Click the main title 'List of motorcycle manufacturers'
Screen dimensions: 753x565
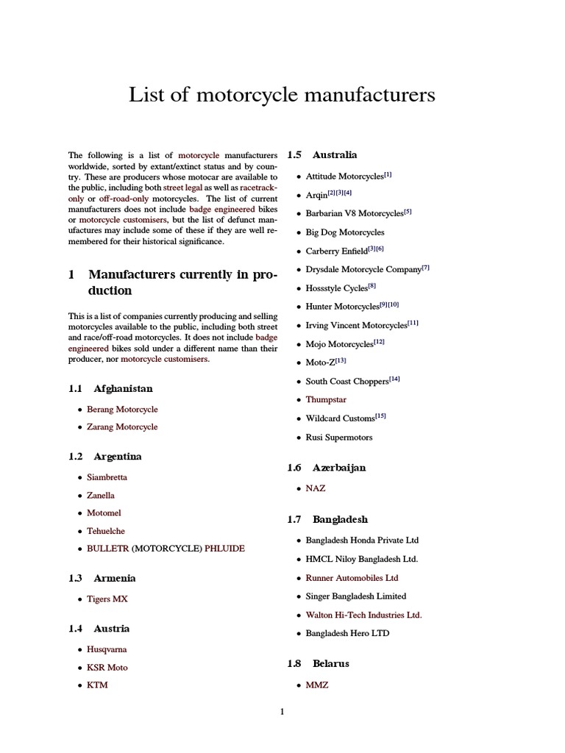click(x=282, y=95)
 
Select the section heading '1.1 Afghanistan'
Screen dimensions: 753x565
click(x=110, y=388)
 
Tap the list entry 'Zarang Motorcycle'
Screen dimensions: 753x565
click(x=122, y=427)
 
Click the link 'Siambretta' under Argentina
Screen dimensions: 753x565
click(x=107, y=477)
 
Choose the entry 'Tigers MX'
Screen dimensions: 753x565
click(x=107, y=599)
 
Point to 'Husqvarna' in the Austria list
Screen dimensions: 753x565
click(x=107, y=649)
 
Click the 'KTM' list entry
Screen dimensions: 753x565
click(x=97, y=685)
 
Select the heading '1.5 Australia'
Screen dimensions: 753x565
click(x=322, y=154)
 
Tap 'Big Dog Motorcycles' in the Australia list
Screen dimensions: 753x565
click(x=345, y=232)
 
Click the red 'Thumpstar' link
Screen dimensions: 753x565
click(x=326, y=399)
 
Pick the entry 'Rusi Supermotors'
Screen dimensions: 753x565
click(x=339, y=437)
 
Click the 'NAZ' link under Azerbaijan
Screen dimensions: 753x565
click(x=316, y=488)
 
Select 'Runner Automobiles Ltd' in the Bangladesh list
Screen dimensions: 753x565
click(x=352, y=578)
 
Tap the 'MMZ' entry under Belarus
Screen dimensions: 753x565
click(x=317, y=685)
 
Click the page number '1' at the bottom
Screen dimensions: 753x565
click(x=282, y=711)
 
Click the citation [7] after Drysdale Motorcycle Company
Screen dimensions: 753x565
click(x=426, y=268)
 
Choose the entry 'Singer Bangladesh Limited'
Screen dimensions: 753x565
click(x=356, y=596)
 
